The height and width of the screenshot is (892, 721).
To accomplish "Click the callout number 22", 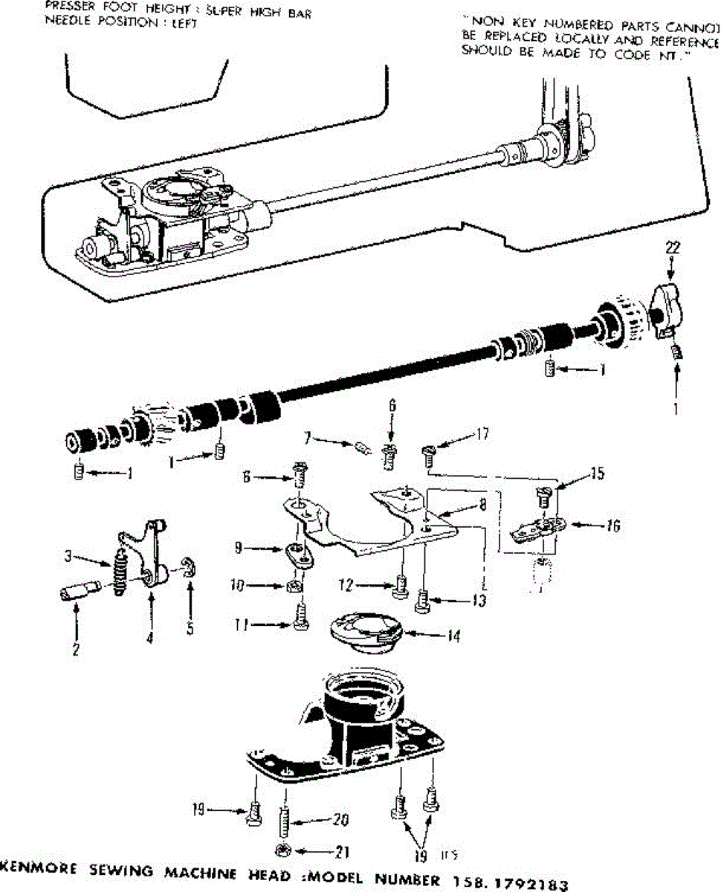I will pos(673,247).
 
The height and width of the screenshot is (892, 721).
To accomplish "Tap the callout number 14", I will pos(453,636).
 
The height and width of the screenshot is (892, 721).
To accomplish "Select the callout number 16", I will pos(612,526).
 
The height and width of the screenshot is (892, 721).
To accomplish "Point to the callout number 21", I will pos(343,853).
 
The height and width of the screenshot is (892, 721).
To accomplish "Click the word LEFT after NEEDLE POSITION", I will pos(182,22).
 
